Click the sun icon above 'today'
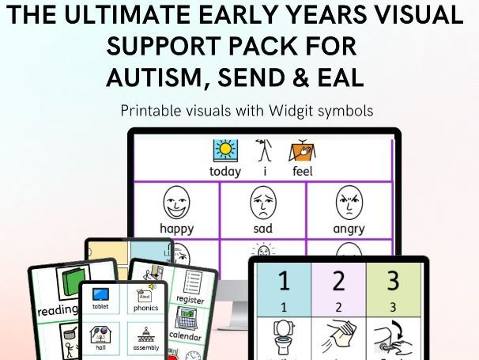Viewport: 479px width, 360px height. click(225, 150)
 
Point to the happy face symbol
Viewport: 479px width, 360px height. click(177, 203)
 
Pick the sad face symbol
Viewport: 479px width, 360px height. click(262, 203)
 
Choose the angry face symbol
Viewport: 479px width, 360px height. click(349, 203)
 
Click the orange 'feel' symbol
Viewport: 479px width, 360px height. click(303, 150)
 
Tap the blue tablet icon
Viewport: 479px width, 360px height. click(100, 295)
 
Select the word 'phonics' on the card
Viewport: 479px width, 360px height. click(145, 309)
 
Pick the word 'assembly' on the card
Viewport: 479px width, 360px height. click(145, 347)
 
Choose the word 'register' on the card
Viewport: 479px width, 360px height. click(190, 300)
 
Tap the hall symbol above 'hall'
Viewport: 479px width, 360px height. click(100, 333)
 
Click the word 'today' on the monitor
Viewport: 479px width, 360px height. click(225, 171)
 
